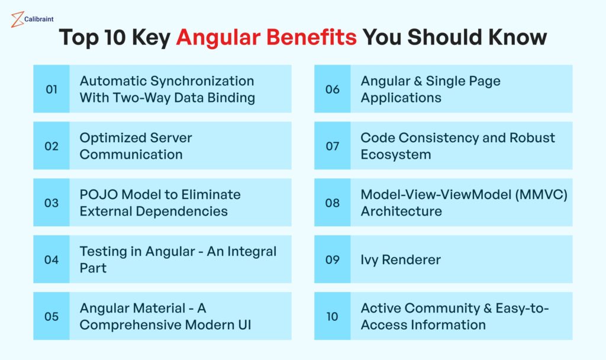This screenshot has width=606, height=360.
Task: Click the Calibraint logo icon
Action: click(17, 20)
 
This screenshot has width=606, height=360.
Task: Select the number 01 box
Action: click(51, 89)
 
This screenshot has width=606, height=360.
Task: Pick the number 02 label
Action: click(51, 146)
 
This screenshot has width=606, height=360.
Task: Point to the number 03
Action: click(51, 202)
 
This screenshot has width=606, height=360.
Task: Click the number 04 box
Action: click(51, 259)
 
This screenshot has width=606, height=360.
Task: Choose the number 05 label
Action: click(51, 316)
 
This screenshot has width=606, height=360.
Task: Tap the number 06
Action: click(332, 89)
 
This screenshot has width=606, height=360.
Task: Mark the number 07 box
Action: click(332, 146)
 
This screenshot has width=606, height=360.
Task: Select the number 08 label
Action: click(332, 202)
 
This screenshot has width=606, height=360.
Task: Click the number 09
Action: click(332, 259)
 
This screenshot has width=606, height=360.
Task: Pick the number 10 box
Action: click(332, 316)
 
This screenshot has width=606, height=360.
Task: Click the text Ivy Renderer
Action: click(401, 260)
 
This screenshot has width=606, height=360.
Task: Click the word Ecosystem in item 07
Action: click(395, 155)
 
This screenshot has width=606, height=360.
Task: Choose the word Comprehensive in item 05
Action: click(131, 325)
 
